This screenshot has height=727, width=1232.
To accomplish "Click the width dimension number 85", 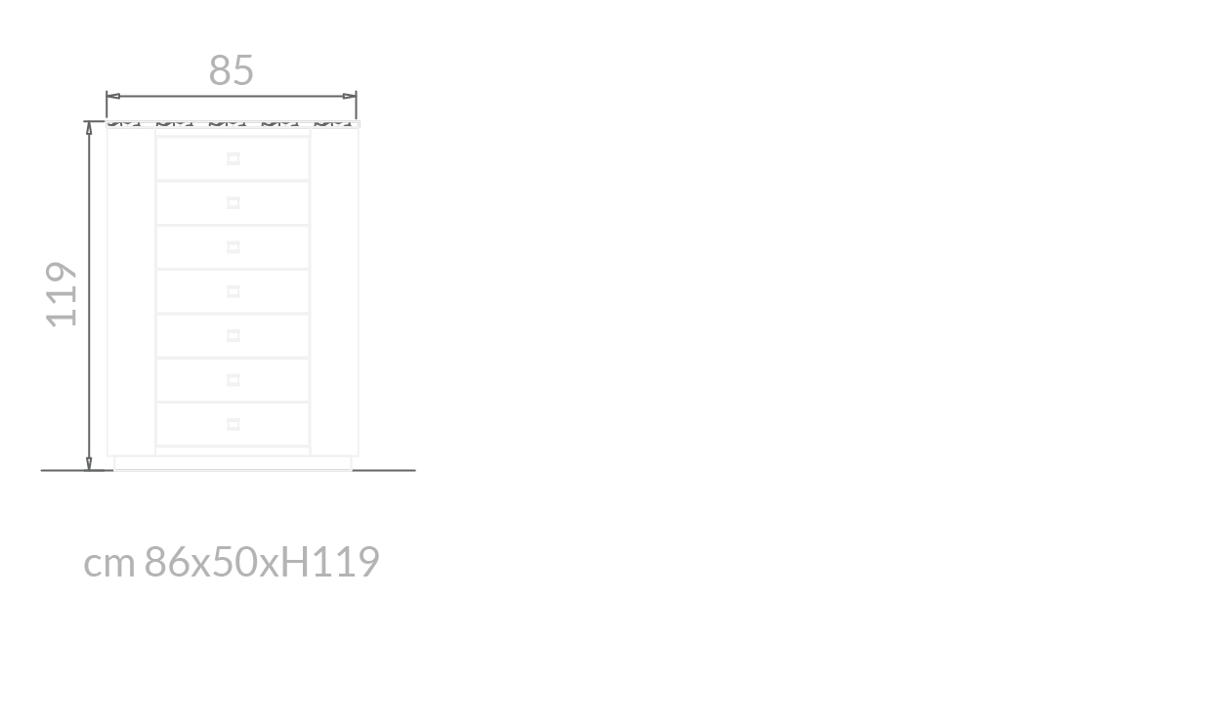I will [232, 70].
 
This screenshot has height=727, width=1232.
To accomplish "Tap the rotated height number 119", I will [63, 293].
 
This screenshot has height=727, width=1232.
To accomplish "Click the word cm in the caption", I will [108, 563].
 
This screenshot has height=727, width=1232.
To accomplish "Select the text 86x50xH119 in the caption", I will [262, 562].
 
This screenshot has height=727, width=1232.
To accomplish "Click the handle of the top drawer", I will [234, 158].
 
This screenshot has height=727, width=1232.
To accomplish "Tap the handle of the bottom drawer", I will [234, 424].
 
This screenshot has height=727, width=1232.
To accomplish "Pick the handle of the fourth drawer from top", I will [234, 291].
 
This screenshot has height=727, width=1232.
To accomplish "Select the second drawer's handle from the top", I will [234, 202].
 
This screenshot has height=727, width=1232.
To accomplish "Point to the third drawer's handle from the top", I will [234, 247].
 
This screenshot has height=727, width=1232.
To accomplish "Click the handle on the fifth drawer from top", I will [234, 335].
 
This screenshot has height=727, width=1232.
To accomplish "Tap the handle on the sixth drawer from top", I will [234, 379].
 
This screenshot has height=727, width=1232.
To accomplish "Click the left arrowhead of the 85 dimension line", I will [111, 96].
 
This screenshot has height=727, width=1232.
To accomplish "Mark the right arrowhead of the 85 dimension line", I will [351, 96].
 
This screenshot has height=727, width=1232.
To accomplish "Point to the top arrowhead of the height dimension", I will [89, 127].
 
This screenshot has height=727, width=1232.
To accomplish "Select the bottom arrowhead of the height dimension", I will [89, 463].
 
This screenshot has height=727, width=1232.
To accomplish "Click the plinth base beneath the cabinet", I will [233, 462].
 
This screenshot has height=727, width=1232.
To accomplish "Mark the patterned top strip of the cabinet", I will [233, 124].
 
